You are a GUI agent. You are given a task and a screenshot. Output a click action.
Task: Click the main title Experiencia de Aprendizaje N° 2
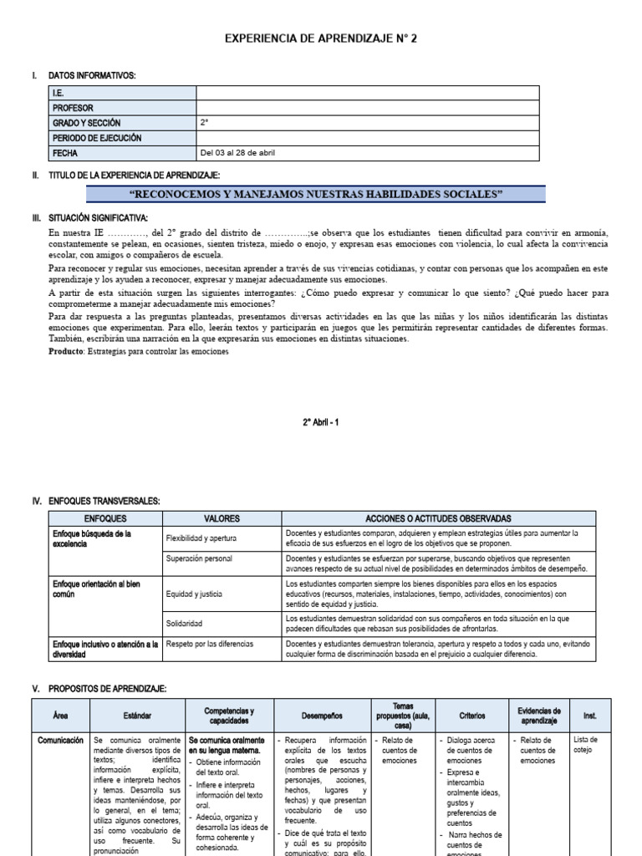point(320,39)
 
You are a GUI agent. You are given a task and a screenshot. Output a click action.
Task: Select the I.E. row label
point(59,93)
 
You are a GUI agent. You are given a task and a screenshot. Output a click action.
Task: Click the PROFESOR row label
point(73,108)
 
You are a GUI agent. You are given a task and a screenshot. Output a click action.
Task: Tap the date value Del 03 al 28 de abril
point(238,153)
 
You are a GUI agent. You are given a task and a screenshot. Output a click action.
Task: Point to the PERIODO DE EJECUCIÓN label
point(96,138)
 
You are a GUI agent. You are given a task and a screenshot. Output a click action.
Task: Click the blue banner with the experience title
point(317,194)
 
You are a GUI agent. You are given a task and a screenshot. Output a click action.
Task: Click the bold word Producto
point(66,352)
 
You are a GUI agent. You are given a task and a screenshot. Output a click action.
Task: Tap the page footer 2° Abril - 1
point(321,422)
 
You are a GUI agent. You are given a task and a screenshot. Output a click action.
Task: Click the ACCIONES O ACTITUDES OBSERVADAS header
point(438,518)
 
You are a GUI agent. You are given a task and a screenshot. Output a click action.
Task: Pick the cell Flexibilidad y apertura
point(201,538)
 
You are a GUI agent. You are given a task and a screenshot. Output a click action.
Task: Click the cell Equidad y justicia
point(195,594)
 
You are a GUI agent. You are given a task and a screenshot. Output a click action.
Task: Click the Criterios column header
point(471,716)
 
